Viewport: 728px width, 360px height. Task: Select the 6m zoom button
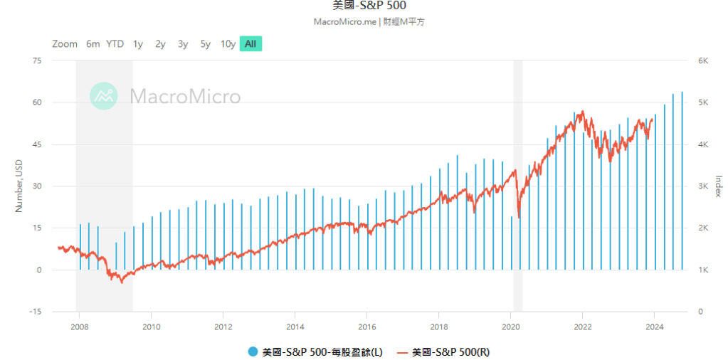pyautogui.click(x=93, y=44)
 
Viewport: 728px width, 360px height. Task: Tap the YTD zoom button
pyautogui.click(x=115, y=44)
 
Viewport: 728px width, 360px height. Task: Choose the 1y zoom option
pyautogui.click(x=138, y=44)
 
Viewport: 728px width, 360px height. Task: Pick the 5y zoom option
pyautogui.click(x=206, y=44)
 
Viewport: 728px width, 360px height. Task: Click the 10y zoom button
pyautogui.click(x=228, y=44)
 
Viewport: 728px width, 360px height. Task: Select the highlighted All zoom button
pyautogui.click(x=250, y=44)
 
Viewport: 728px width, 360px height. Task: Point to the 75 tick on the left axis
pyautogui.click(x=37, y=61)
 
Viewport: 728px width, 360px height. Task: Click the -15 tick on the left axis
pyautogui.click(x=36, y=312)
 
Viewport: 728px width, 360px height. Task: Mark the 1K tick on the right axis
pyautogui.click(x=702, y=270)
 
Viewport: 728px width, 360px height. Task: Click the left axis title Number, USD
pyautogui.click(x=19, y=186)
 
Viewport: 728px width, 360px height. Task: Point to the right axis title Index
pyautogui.click(x=718, y=186)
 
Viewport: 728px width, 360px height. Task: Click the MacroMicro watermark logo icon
pyautogui.click(x=103, y=96)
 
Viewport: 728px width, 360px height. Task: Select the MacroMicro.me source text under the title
pyautogui.click(x=344, y=22)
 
